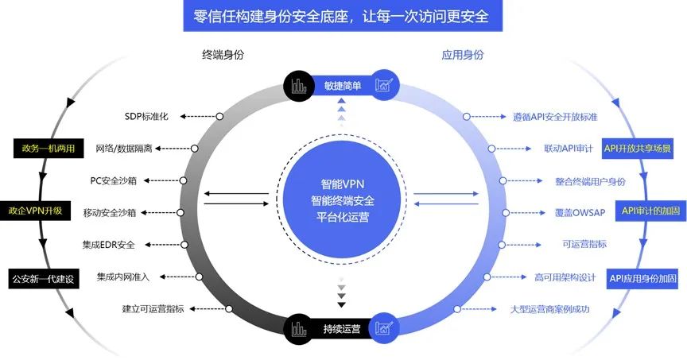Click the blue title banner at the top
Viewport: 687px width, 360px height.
(342, 16)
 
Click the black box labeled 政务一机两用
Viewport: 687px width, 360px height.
(43, 148)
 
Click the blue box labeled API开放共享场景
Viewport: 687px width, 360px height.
(638, 148)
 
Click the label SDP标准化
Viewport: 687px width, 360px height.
(147, 117)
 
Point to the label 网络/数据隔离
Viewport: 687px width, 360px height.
(129, 149)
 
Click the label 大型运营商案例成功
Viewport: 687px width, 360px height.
(550, 308)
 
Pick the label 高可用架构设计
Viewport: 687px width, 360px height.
(565, 277)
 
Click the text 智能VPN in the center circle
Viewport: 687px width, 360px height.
(343, 181)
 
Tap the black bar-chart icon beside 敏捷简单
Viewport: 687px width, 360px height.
(299, 85)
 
